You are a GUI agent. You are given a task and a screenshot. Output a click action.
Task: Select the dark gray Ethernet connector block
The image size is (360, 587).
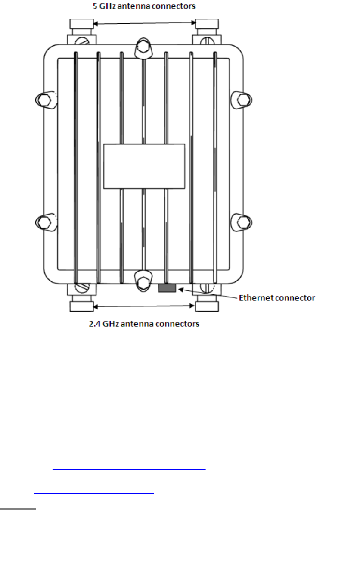point(167,288)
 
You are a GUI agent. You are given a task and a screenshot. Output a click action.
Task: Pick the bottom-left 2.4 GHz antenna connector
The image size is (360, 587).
point(81,305)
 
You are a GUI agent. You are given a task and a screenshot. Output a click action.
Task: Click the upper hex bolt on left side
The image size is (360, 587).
point(44,100)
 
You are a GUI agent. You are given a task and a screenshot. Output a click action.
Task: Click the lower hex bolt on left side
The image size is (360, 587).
point(44,222)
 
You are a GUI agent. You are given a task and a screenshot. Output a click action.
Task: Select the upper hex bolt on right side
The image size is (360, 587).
point(243,100)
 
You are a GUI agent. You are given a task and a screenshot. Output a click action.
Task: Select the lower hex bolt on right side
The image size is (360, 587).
point(243,222)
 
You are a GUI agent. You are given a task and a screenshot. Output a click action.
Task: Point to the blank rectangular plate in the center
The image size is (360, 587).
point(144,166)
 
